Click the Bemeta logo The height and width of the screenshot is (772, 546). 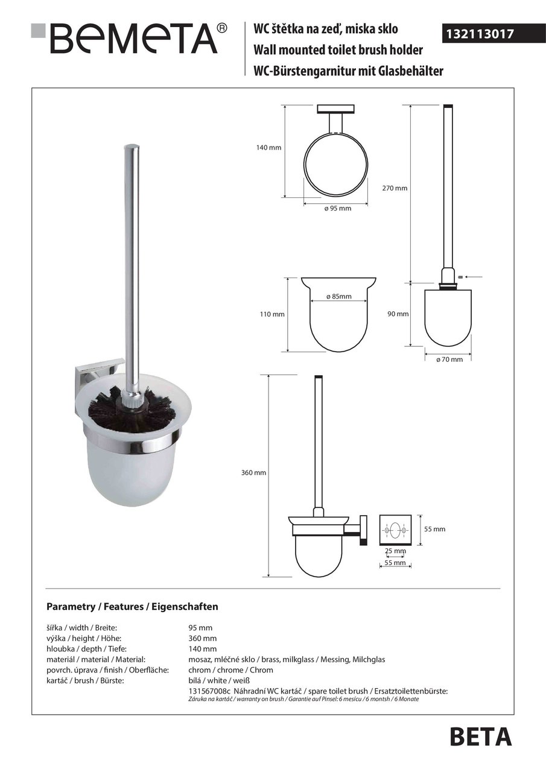tap(130, 39)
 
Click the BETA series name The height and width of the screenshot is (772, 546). tap(480, 737)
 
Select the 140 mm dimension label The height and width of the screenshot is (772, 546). tap(269, 148)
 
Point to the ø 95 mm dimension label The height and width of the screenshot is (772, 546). tap(337, 209)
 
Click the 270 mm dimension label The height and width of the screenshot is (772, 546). tap(395, 188)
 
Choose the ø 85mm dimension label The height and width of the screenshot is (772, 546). tap(338, 297)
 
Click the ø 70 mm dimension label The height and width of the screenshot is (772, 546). tap(449, 359)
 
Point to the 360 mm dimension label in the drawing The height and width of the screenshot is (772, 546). tap(253, 473)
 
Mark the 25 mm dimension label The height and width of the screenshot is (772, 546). tap(396, 551)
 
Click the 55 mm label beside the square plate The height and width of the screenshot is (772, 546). tap(434, 529)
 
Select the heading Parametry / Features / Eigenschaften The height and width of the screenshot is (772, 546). tap(132, 607)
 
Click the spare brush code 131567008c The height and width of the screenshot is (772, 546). tap(209, 691)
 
